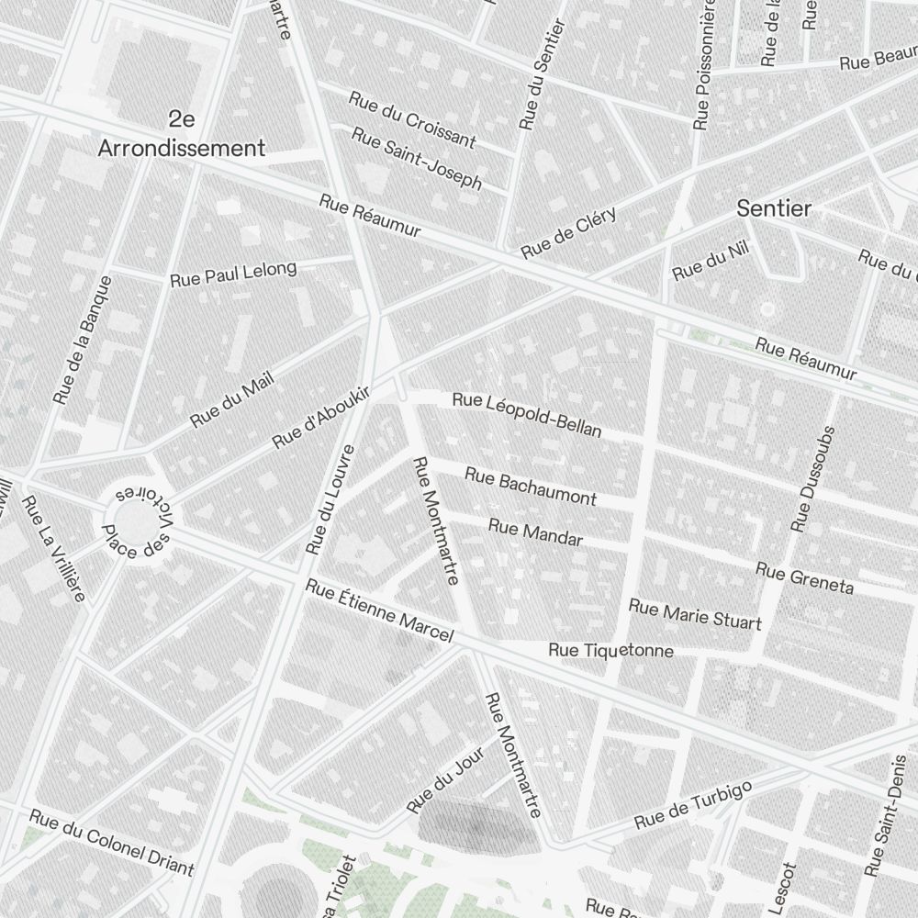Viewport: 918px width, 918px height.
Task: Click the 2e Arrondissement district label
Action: (x=182, y=133)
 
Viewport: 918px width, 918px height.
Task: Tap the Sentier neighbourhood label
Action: (x=774, y=209)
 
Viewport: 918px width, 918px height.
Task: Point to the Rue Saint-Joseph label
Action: (x=417, y=158)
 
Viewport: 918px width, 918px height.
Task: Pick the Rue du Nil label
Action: (x=698, y=265)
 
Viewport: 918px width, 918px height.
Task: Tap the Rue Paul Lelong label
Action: (x=233, y=273)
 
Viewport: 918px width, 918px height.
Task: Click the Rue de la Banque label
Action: (x=83, y=340)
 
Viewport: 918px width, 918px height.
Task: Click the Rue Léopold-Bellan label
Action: (x=527, y=415)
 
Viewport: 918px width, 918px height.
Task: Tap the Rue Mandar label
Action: (x=535, y=532)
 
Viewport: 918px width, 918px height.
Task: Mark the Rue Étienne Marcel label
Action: (x=379, y=610)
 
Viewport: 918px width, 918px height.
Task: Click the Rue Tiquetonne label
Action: (x=610, y=651)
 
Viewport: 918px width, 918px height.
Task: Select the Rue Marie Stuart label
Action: (x=695, y=615)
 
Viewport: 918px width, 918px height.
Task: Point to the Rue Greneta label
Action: (x=804, y=578)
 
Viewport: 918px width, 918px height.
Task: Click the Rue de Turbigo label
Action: (x=693, y=804)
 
